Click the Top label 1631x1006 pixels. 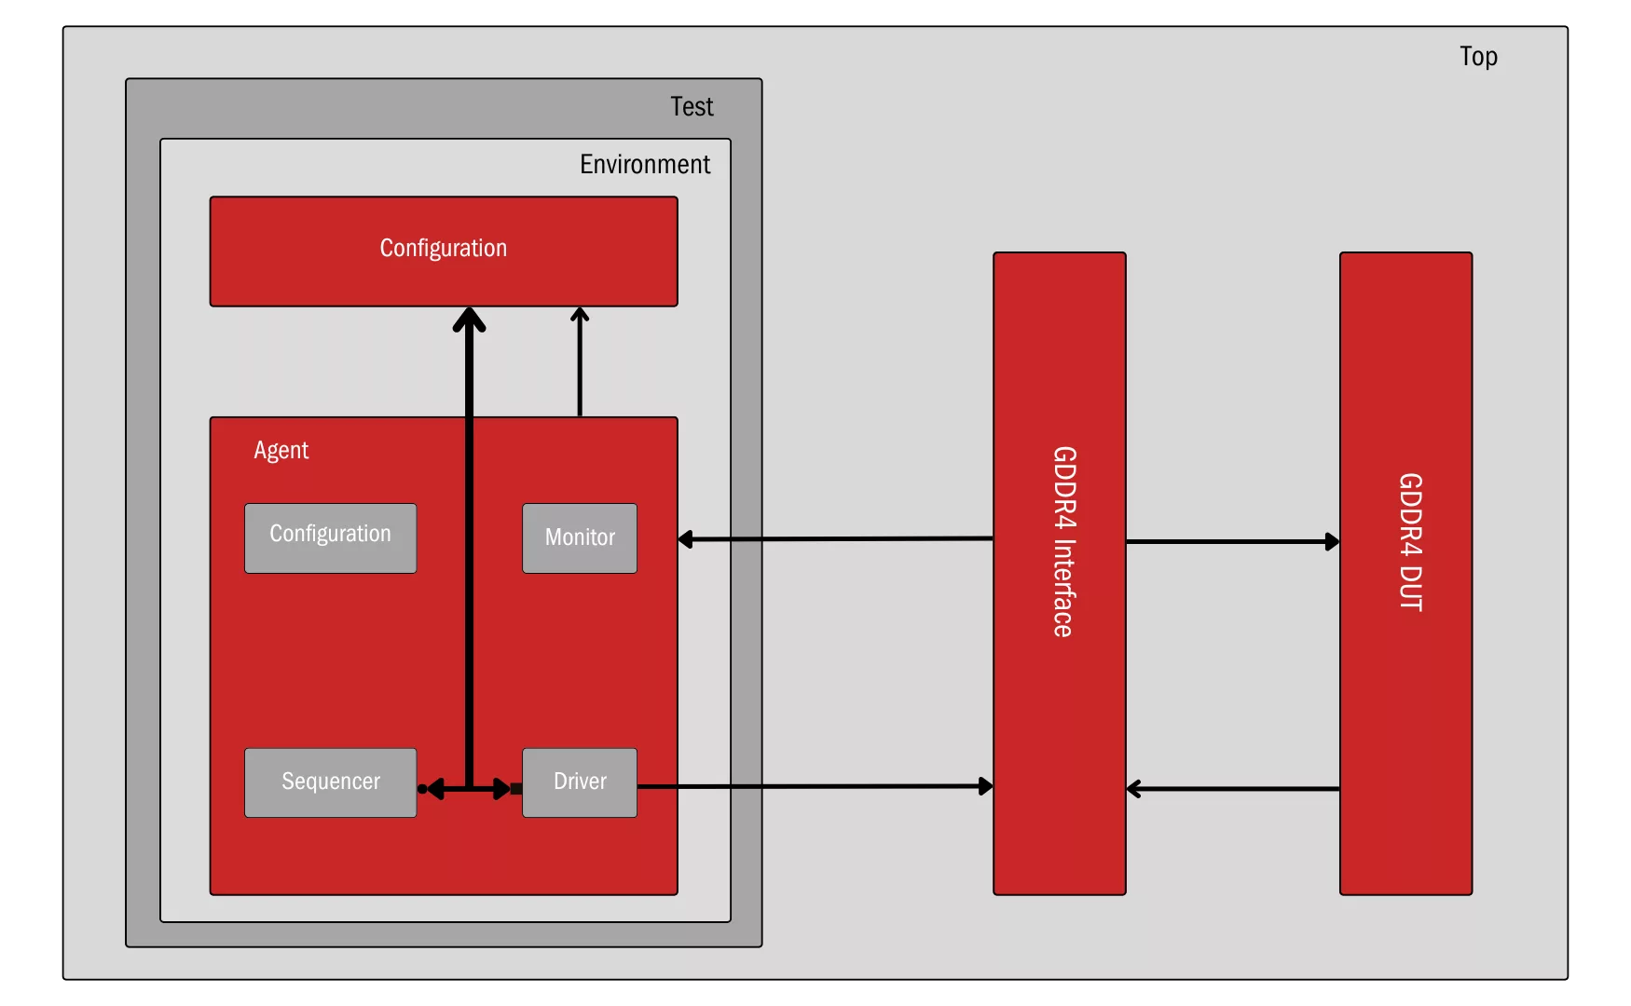(1478, 57)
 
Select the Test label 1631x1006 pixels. (692, 106)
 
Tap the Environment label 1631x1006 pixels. (645, 164)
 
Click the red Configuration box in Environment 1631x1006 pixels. (444, 251)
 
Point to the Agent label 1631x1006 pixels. (281, 451)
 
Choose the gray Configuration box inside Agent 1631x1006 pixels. (331, 538)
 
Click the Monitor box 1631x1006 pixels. (580, 538)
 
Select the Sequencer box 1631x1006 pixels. (331, 782)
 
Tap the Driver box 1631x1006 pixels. (580, 782)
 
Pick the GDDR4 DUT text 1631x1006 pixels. (1410, 542)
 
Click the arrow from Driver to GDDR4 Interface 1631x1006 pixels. (815, 786)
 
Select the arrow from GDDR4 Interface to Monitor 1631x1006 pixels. (836, 538)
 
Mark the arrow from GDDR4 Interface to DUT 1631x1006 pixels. (1233, 541)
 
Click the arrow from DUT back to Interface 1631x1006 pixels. (1233, 789)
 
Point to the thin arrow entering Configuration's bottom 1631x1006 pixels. (580, 361)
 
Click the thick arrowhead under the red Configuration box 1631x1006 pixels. (469, 319)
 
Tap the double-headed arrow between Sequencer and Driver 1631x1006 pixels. (469, 789)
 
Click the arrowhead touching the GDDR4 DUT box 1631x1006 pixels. (1333, 541)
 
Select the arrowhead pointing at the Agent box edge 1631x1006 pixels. (685, 539)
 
